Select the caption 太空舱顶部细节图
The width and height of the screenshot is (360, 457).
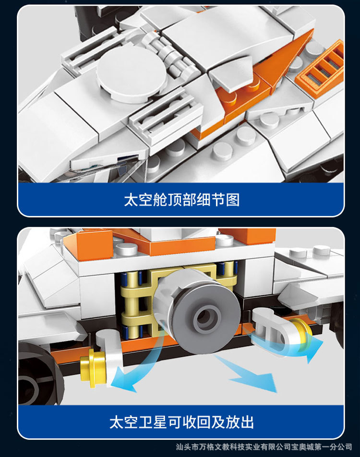pos(182,200)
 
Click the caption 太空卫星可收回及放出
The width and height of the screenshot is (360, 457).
pos(181,422)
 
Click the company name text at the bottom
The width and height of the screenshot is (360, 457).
pos(264,447)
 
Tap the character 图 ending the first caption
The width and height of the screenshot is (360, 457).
pos(233,200)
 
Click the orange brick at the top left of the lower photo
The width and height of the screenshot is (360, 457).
pos(88,245)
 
